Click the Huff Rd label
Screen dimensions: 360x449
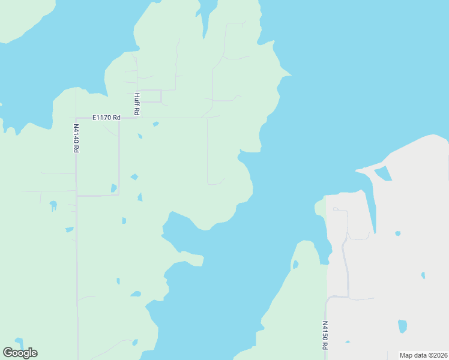coord(137,103)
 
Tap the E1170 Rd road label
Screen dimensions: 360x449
coord(106,118)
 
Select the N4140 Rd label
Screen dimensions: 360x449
coord(76,138)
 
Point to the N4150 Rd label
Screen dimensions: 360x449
coord(324,335)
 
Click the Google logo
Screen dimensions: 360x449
coord(20,352)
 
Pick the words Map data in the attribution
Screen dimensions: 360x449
coord(412,355)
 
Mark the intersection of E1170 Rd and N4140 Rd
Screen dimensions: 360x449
coord(76,118)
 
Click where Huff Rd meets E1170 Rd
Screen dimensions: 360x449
coord(137,118)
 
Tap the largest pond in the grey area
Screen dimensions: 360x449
coord(402,326)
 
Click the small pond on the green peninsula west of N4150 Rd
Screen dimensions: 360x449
coord(295,264)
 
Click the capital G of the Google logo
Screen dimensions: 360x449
coord(8,352)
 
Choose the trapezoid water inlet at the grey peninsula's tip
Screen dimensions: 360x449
coord(383,174)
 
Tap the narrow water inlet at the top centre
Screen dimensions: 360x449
coord(207,15)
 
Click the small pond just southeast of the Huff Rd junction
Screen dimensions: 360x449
coord(155,124)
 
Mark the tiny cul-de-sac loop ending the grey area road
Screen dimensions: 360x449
coord(336,209)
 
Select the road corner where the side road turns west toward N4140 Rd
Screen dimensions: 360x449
coord(118,194)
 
